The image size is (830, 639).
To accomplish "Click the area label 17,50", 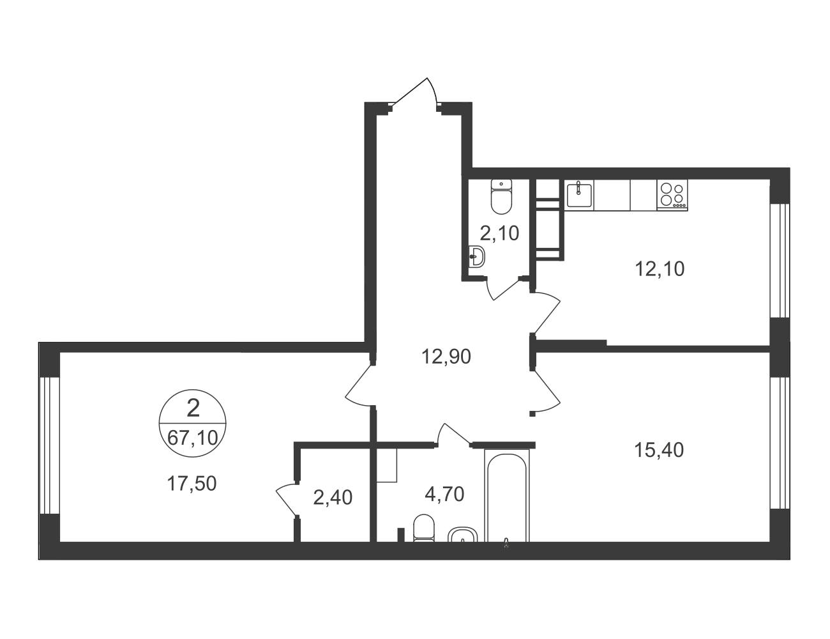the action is [192, 484].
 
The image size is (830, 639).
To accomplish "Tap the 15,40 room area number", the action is [658, 450].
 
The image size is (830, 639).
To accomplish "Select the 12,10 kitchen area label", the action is [660, 269].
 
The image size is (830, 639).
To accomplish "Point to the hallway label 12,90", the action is [446, 357].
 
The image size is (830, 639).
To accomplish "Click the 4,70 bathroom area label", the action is [444, 494].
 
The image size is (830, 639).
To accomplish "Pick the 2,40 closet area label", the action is [333, 498].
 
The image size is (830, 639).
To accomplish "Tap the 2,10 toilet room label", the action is [499, 233].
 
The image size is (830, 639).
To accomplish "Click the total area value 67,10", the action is [193, 438].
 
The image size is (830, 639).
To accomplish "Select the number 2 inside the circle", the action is [193, 408].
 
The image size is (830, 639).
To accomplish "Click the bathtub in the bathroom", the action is [507, 495].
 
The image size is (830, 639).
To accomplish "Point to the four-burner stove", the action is [672, 195].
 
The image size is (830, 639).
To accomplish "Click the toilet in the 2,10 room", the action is [501, 196].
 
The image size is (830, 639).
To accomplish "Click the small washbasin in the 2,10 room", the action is [477, 256].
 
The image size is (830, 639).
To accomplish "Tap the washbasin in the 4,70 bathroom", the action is [463, 535].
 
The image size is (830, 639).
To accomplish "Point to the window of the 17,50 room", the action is [50, 445].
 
